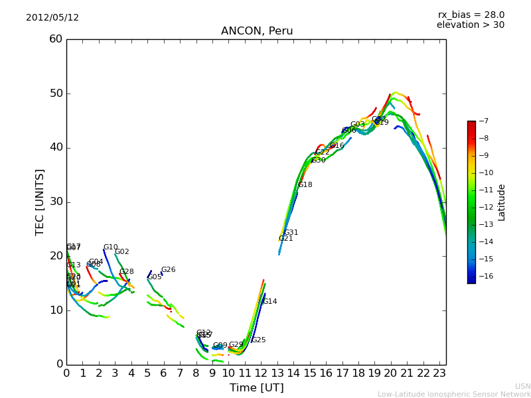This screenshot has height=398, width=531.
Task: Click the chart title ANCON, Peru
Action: [x=257, y=31]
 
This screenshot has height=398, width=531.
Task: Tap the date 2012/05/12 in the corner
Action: [x=52, y=17]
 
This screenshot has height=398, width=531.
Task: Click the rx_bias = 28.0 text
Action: [x=471, y=15]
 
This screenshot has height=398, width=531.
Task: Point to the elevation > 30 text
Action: [x=471, y=25]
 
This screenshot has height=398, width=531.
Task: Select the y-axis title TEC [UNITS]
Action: [x=40, y=202]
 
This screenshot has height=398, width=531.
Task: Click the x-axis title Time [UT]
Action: [x=257, y=388]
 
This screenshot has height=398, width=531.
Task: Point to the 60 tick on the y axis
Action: [x=56, y=39]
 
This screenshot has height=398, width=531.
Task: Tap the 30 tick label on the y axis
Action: [x=56, y=202]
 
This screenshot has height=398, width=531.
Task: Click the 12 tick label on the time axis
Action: [x=261, y=373]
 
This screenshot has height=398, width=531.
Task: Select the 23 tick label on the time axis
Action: [x=439, y=373]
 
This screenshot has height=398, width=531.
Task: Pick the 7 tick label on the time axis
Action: [x=180, y=373]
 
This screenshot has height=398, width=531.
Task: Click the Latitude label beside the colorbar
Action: [x=502, y=202]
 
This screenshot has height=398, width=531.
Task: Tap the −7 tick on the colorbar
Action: [x=483, y=121]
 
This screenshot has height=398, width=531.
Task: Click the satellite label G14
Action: [x=269, y=302]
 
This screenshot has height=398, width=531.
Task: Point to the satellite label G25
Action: [x=258, y=340]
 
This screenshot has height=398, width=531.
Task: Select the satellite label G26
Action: [x=169, y=270]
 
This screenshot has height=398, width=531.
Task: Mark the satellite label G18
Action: [x=305, y=185]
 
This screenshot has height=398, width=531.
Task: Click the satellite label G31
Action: [x=291, y=233]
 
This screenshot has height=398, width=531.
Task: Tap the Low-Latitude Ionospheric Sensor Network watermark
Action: [x=454, y=394]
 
